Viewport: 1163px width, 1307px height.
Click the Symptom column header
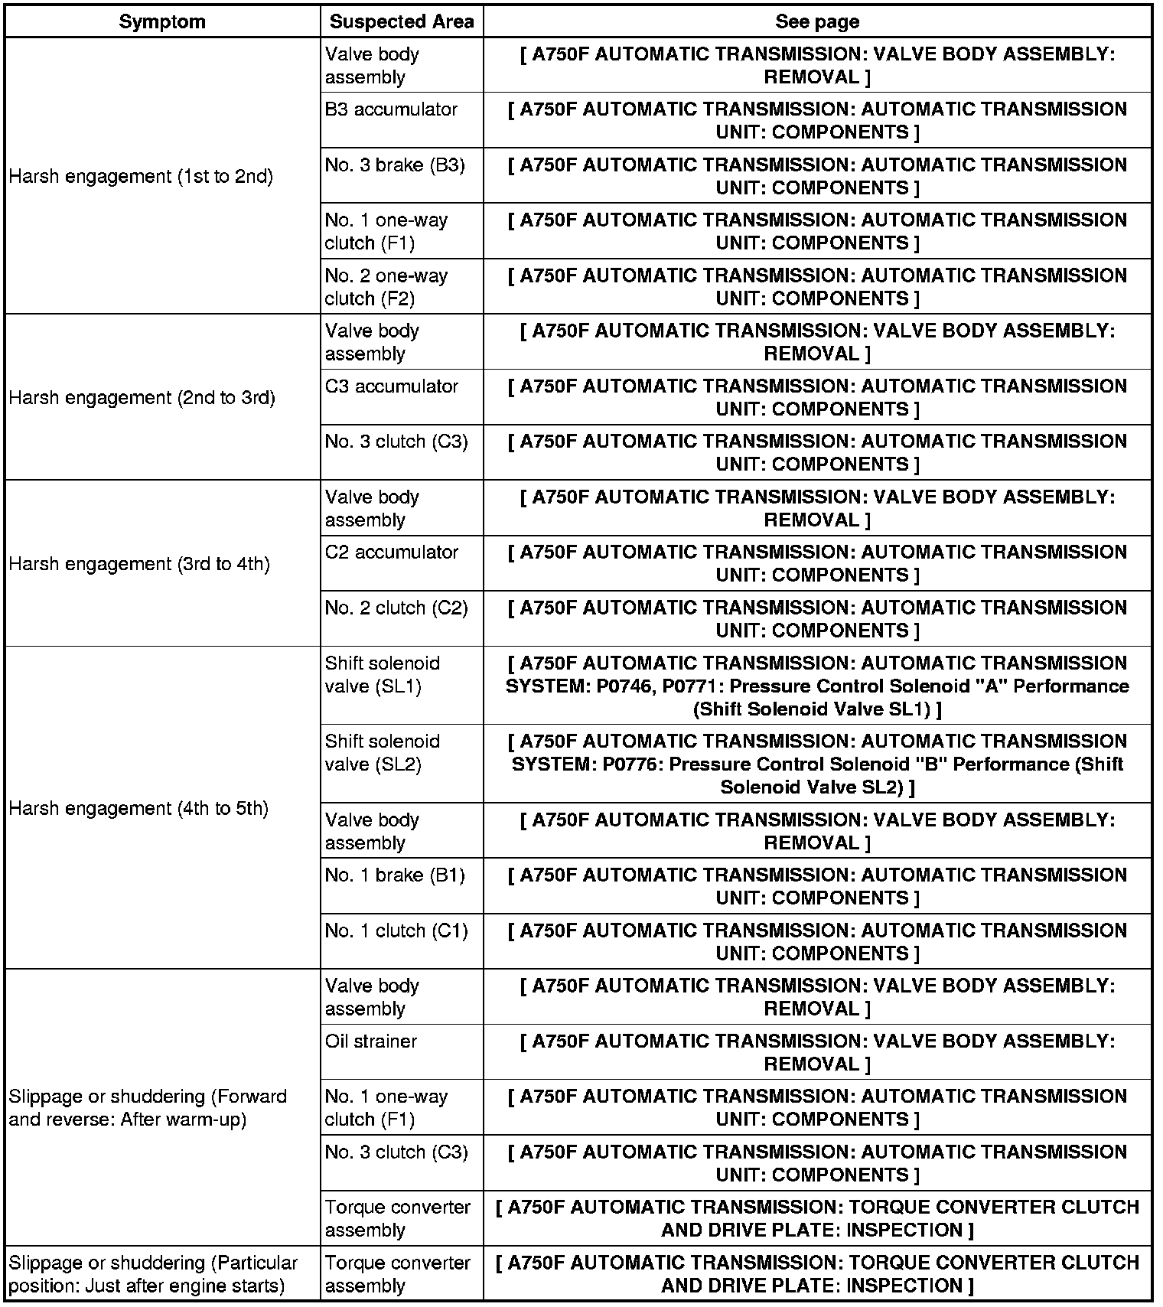tap(162, 21)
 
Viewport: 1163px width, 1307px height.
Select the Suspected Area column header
tap(402, 21)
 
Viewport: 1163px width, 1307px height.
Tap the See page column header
tap(817, 21)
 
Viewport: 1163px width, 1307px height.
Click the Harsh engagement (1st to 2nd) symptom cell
tap(141, 177)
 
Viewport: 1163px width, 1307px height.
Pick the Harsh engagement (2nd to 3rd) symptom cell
tap(142, 398)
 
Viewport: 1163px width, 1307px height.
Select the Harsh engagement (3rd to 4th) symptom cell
tap(139, 564)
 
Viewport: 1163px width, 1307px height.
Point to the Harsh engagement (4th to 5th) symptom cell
tap(138, 809)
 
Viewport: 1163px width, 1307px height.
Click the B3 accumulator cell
tap(391, 109)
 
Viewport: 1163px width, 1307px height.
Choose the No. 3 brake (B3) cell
tap(395, 165)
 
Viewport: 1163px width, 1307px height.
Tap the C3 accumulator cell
tap(392, 386)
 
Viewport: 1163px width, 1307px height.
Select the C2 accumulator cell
tap(392, 552)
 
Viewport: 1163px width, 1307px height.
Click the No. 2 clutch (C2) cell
tap(396, 608)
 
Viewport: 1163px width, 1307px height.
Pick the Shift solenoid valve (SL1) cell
tap(383, 675)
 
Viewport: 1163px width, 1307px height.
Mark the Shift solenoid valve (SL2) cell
tap(383, 753)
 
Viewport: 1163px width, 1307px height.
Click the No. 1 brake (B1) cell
tap(395, 875)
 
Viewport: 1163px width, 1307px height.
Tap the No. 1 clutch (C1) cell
tap(396, 931)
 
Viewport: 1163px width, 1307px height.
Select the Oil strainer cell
tap(371, 1041)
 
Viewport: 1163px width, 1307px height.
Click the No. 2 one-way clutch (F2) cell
tap(386, 287)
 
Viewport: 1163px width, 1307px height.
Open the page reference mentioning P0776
tap(817, 764)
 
